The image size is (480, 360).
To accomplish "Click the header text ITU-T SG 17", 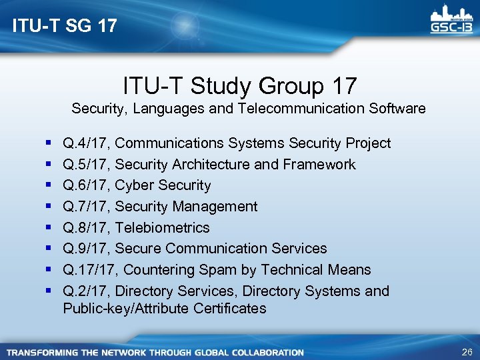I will [65, 26].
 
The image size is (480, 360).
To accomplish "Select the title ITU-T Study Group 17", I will [240, 86].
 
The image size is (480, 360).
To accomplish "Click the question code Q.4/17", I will [86, 143].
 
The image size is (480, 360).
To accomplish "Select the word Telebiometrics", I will [163, 228].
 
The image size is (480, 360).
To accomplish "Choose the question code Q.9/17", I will [86, 249].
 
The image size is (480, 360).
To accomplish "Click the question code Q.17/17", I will [90, 270].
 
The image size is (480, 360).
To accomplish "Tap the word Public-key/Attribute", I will [126, 309].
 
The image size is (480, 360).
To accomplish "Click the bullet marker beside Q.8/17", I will [51, 228].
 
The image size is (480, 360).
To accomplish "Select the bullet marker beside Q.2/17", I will [51, 291].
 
